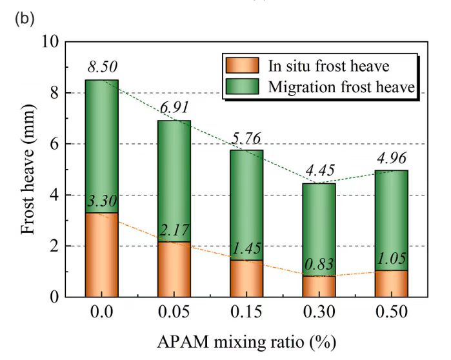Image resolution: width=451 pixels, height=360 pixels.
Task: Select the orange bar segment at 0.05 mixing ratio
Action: click(174, 269)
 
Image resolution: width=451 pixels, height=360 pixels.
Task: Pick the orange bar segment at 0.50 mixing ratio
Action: click(391, 283)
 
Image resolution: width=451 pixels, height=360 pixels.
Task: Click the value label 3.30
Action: click(103, 202)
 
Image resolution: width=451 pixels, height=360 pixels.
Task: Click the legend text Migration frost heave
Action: click(341, 86)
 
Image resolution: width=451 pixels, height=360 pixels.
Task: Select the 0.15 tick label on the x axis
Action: click(246, 313)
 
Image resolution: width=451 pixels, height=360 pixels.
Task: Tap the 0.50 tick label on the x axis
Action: click(391, 313)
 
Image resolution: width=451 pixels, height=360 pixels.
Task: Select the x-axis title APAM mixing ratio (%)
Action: click(246, 339)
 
